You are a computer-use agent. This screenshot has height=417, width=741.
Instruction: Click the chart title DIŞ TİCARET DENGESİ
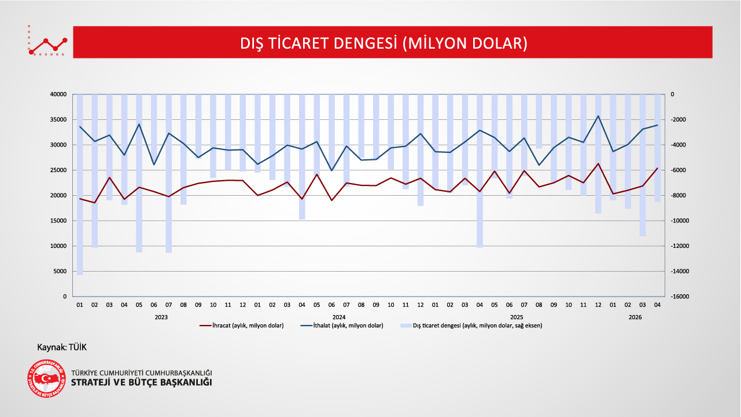(384, 43)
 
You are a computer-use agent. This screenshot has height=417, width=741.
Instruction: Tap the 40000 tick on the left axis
(58, 94)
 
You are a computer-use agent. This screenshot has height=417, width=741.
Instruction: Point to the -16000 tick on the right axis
(680, 297)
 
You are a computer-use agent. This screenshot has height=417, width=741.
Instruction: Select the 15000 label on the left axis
(58, 221)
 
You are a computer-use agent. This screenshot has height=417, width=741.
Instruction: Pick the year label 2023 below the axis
(161, 317)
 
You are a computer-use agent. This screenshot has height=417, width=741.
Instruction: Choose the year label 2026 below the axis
(635, 317)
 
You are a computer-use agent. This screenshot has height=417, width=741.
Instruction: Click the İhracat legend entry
(241, 325)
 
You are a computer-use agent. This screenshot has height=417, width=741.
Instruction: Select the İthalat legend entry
(342, 325)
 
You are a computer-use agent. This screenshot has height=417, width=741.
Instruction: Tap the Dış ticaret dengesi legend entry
(471, 325)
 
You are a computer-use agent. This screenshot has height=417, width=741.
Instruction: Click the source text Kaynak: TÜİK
(62, 347)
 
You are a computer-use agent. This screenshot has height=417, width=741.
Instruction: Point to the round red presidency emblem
(46, 379)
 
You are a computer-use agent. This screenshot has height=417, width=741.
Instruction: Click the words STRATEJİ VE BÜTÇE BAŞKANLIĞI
(142, 382)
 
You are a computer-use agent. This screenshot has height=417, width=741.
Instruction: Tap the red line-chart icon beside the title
(47, 41)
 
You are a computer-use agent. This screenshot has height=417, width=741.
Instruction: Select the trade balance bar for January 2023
(80, 185)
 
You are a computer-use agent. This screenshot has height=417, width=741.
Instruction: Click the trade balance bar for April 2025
(480, 171)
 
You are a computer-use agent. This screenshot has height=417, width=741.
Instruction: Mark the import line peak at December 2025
(598, 116)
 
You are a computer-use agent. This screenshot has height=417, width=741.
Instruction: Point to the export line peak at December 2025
(598, 164)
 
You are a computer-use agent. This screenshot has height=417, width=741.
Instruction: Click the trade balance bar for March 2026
(643, 165)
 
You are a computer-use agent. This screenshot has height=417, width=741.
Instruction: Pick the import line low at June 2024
(331, 171)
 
